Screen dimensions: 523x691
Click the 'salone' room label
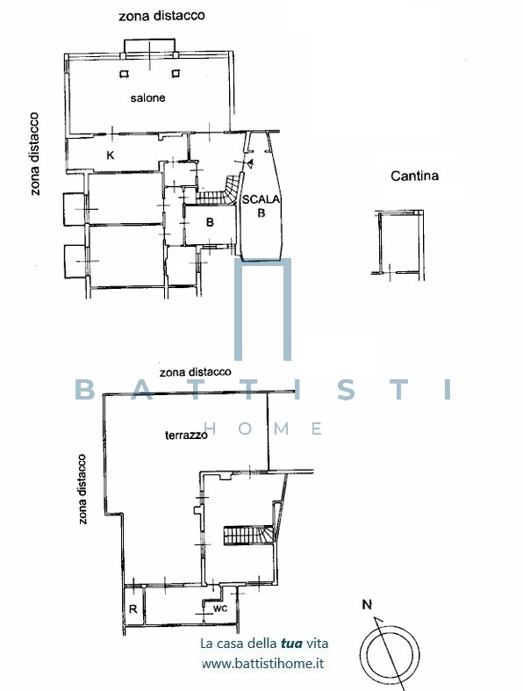[147, 97]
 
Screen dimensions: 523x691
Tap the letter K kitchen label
[111, 155]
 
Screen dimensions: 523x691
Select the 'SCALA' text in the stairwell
[261, 199]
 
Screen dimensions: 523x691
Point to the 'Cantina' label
[414, 176]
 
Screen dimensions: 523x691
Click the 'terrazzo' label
[186, 435]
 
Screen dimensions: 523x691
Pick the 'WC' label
[220, 608]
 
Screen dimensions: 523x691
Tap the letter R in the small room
[133, 609]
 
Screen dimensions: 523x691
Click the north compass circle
[390, 654]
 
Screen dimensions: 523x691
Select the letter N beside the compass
[367, 605]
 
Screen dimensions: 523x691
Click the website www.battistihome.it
[262, 663]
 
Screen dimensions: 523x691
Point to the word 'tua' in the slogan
[291, 643]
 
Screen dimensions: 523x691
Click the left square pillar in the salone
[125, 74]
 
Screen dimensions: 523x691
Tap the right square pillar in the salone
[176, 73]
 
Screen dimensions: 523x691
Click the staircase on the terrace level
[249, 535]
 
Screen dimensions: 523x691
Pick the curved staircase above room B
[220, 191]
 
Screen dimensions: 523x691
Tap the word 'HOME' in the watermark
[262, 428]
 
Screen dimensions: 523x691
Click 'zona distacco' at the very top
[161, 16]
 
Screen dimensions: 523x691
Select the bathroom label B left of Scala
[210, 222]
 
